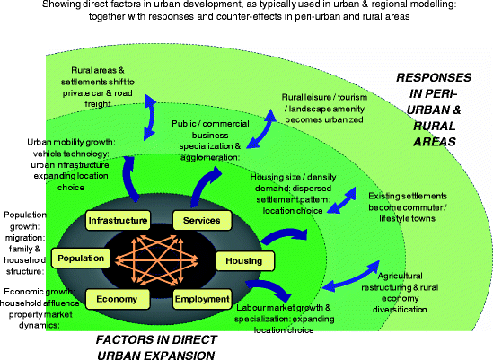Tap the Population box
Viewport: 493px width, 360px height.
(81, 259)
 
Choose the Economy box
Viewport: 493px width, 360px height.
(112, 298)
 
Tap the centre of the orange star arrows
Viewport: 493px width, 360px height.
(156, 259)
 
